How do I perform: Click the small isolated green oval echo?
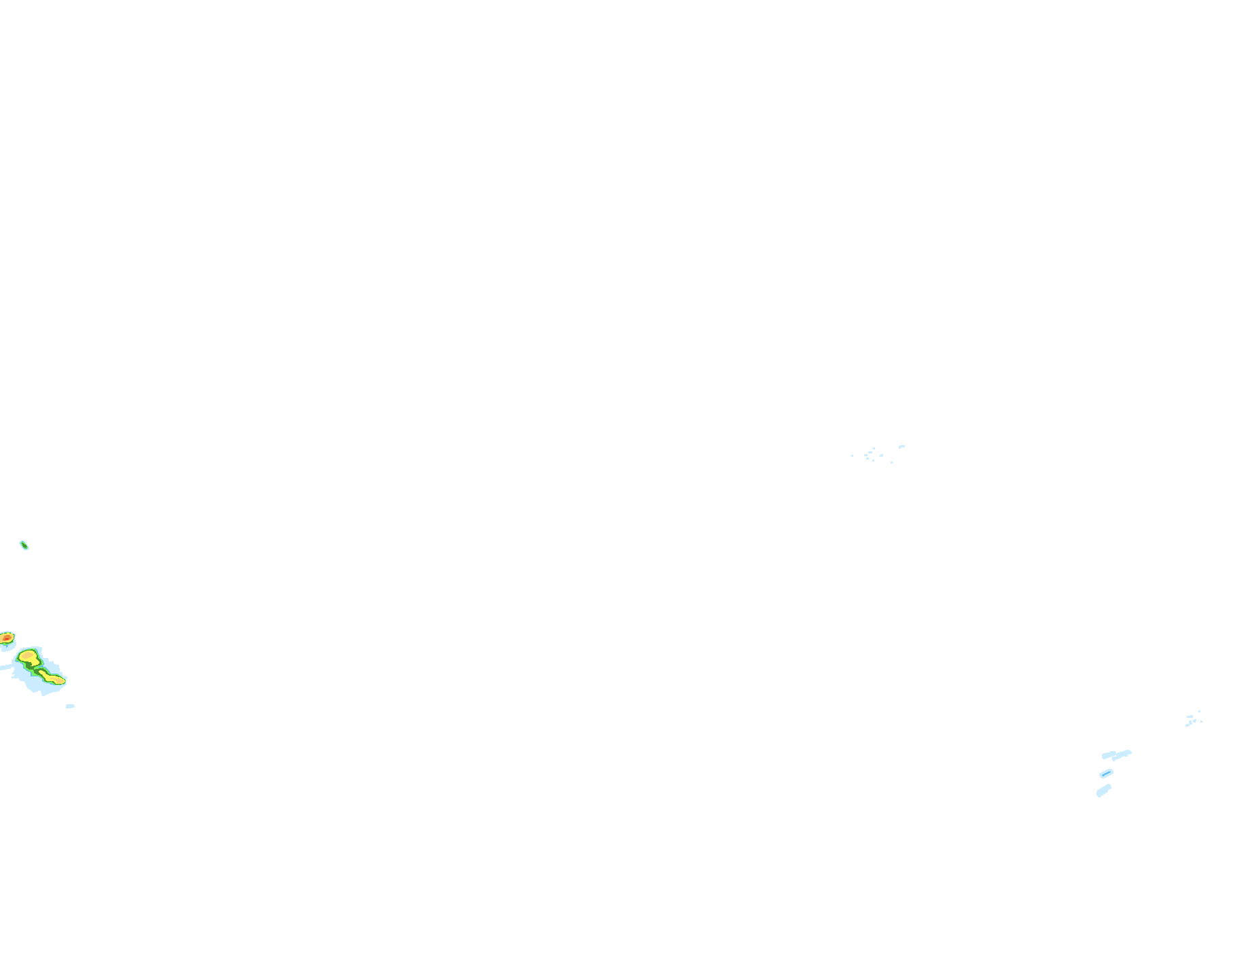(24, 545)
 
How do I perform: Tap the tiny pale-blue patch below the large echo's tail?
(70, 706)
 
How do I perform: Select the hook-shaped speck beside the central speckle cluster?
(901, 447)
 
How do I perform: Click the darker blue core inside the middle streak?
(1106, 774)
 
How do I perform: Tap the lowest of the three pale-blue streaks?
(1103, 791)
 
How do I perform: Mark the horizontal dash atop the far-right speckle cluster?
(1190, 716)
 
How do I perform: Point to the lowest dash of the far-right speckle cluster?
(1187, 725)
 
